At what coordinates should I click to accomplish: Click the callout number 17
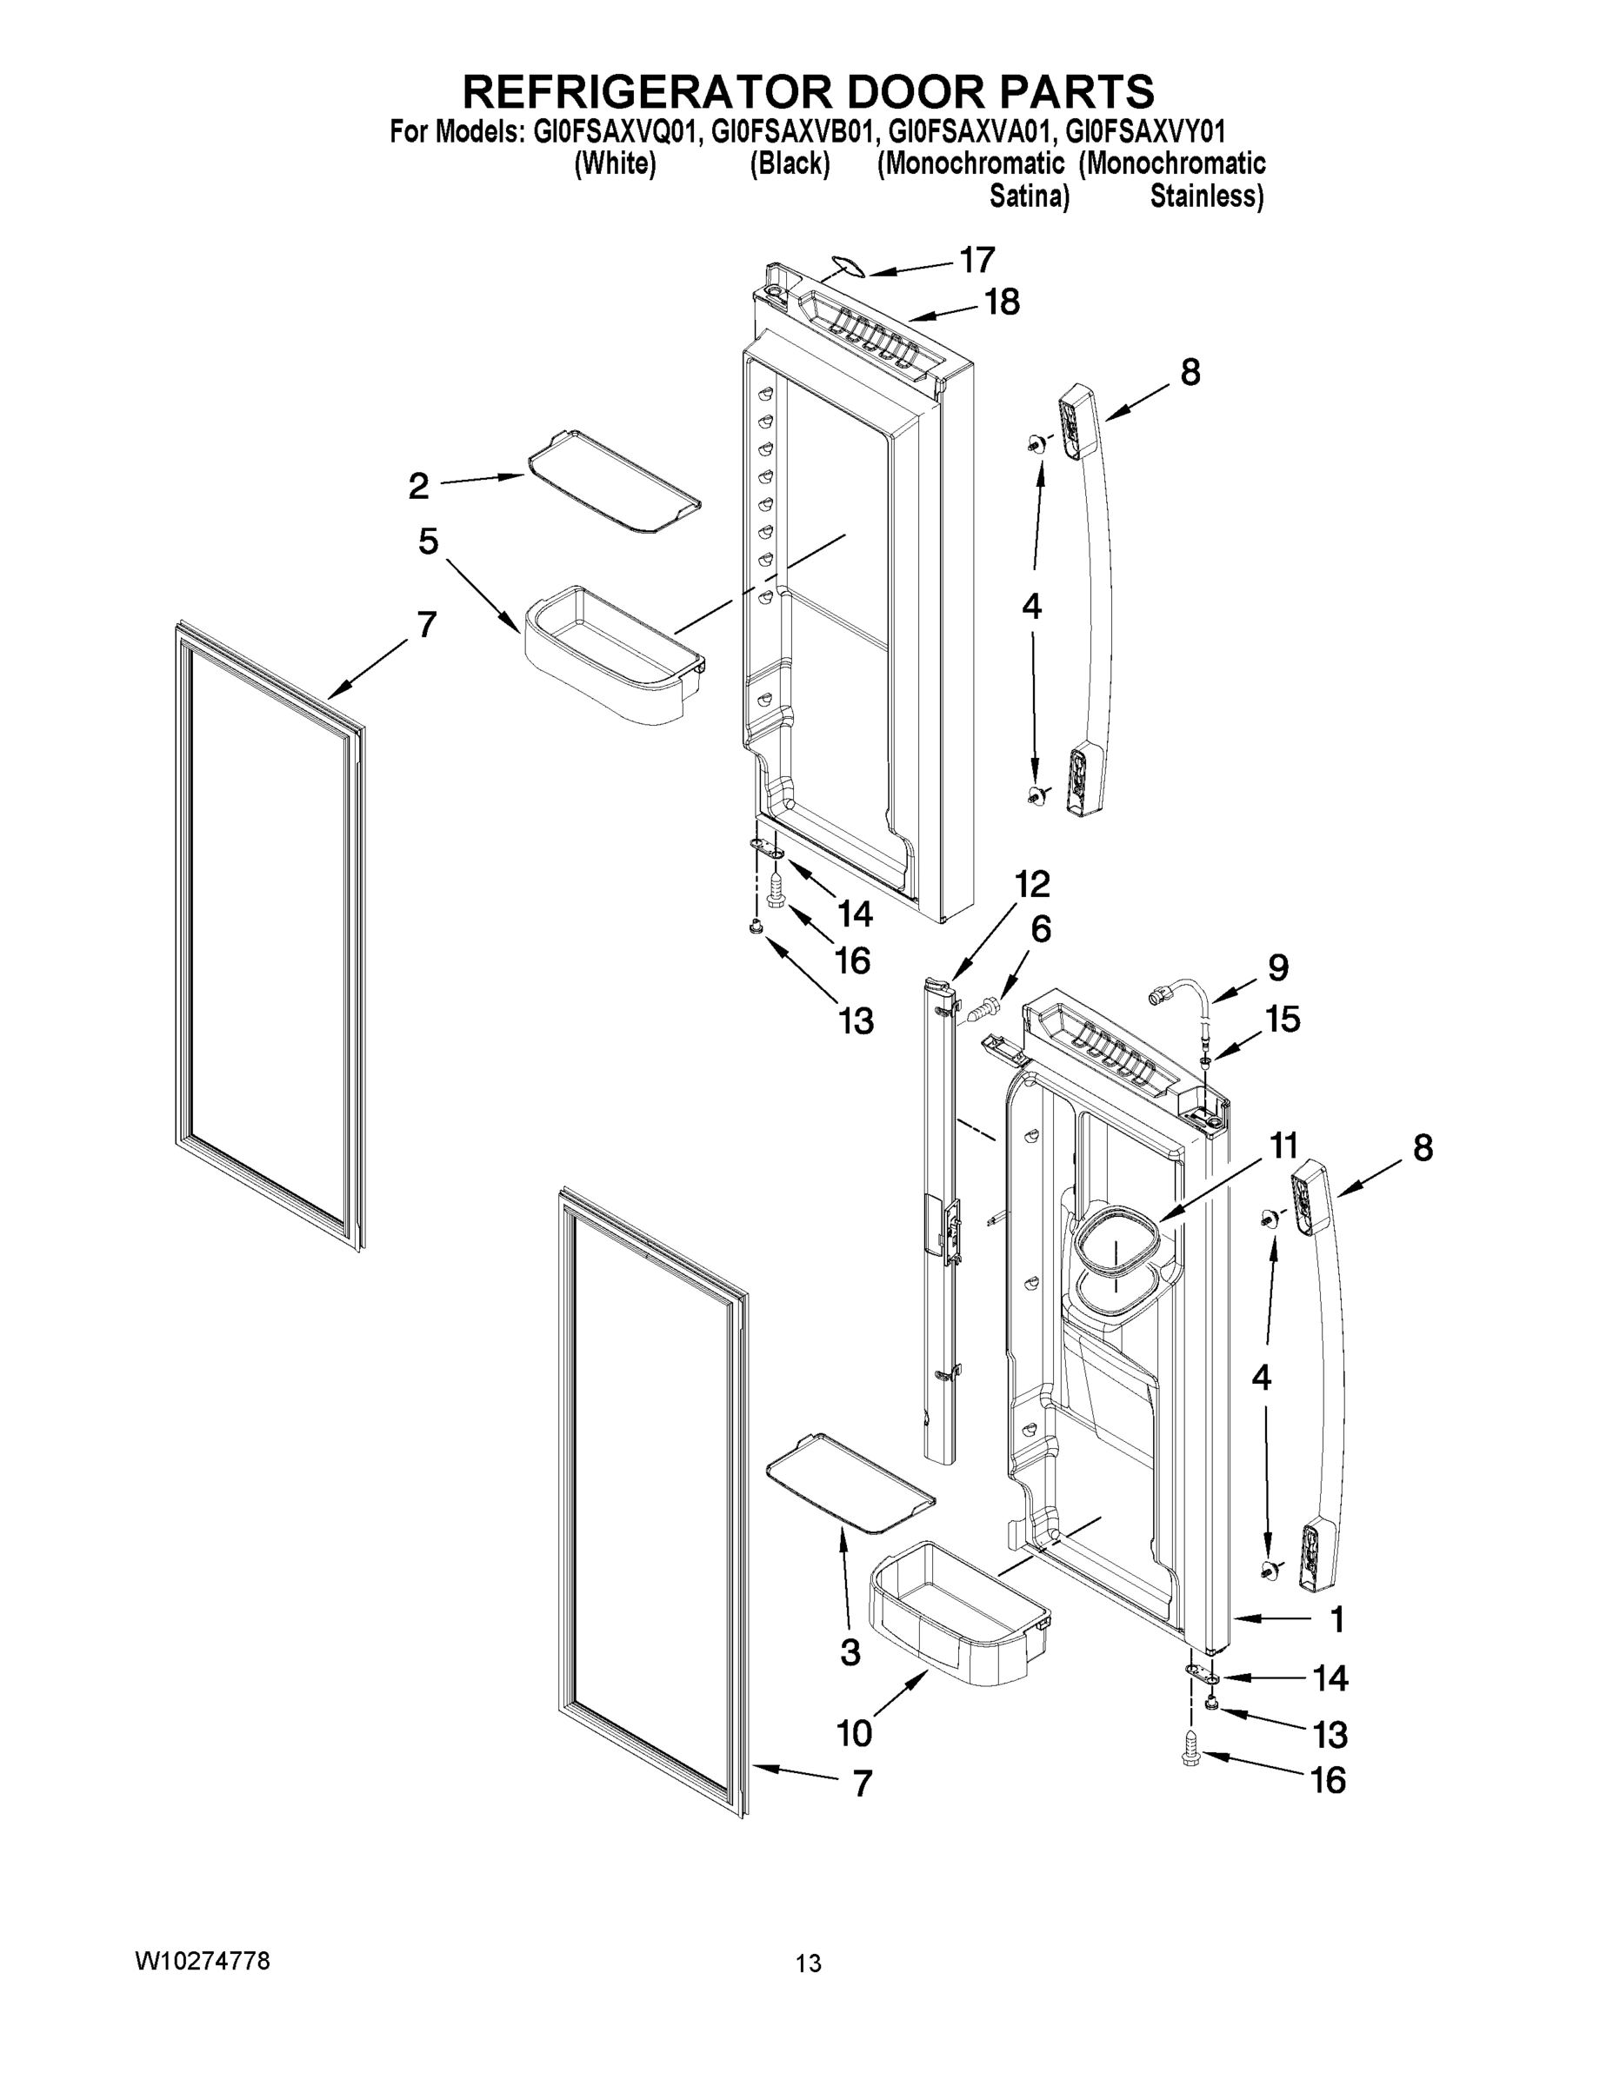coord(977,260)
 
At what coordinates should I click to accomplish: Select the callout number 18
coord(1002,302)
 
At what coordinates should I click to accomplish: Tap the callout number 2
coord(418,486)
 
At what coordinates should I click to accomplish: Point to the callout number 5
coord(428,541)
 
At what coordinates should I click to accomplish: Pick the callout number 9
coord(1277,967)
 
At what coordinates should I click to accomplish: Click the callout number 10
coord(854,1731)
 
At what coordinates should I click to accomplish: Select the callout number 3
coord(850,1652)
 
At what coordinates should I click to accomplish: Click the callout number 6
coord(1041,928)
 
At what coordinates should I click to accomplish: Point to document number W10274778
coord(203,1962)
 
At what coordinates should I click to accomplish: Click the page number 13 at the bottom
coord(808,1964)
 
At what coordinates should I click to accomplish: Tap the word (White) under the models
coord(615,164)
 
